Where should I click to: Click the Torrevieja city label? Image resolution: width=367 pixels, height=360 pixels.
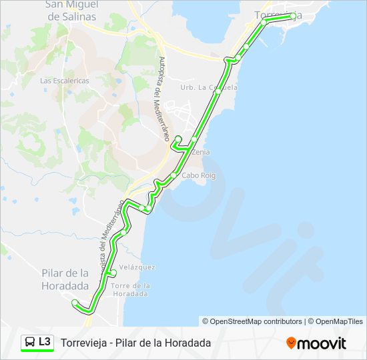point(278,15)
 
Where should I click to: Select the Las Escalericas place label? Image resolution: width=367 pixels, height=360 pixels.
point(65,81)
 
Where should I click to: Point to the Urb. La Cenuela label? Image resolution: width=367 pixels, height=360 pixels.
point(208,87)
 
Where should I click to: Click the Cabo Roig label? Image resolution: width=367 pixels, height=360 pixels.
point(200,175)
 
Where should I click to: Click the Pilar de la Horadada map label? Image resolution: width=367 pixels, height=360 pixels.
point(65,279)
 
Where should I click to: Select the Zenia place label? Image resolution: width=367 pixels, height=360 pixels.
point(200,152)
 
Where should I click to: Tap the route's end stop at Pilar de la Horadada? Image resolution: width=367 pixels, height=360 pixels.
point(75,303)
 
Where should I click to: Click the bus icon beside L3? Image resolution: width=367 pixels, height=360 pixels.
point(29,343)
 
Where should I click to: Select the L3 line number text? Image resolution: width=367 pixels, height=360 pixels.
point(45,342)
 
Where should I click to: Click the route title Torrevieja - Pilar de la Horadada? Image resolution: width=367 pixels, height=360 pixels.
point(135,343)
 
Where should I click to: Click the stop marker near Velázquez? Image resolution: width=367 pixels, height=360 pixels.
point(113,273)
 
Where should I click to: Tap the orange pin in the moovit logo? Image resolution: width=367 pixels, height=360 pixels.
point(291,343)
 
